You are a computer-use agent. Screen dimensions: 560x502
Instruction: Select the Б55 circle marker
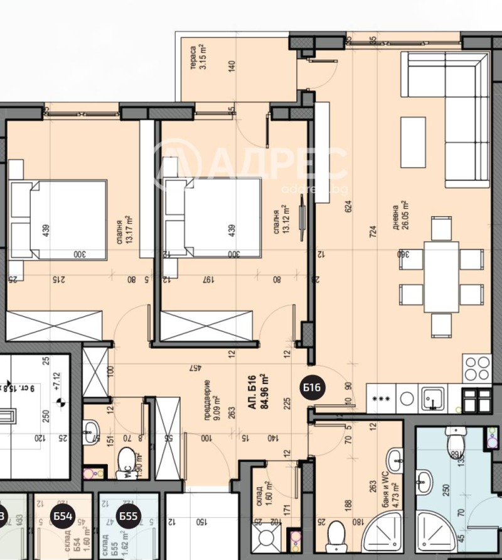click(x=128, y=517)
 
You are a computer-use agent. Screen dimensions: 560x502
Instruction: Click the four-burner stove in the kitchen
click(x=476, y=369)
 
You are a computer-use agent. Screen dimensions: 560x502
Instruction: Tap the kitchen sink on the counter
click(x=432, y=397)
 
